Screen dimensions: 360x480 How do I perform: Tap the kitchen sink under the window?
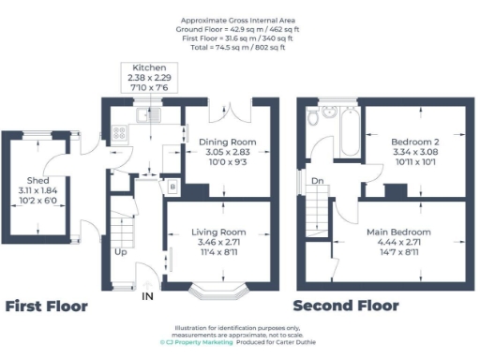point(148,114)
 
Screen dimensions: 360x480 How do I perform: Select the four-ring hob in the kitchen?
point(120,132)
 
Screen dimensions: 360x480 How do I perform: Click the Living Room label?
point(218,232)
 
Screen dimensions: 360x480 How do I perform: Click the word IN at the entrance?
point(147,296)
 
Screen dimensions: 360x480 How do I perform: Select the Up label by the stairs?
point(121,252)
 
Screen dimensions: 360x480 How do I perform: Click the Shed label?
point(38,180)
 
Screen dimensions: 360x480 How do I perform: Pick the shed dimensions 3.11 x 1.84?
point(38,190)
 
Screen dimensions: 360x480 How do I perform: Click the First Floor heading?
point(47,307)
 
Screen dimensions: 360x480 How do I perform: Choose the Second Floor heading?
point(345,307)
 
